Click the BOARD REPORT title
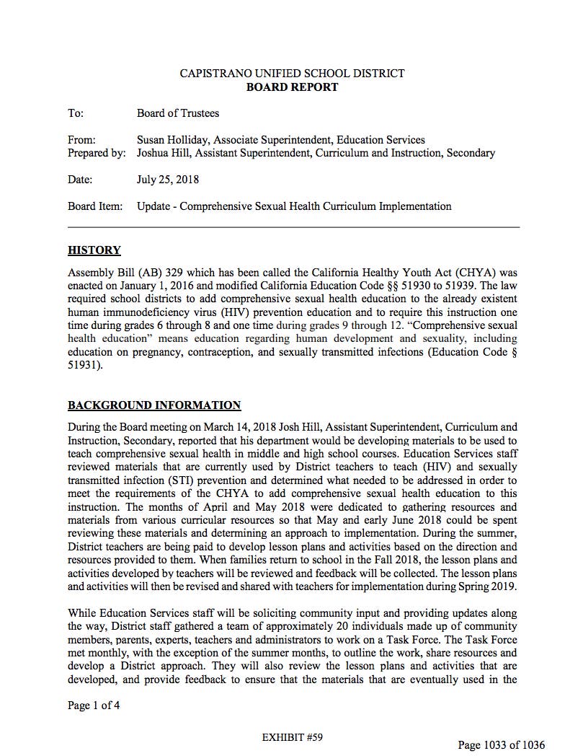(292, 87)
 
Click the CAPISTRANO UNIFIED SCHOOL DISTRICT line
(292, 74)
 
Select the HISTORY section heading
(94, 250)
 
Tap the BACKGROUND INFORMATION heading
(154, 405)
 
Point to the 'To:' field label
(76, 113)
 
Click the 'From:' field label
(81, 140)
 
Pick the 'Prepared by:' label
(97, 153)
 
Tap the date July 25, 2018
(168, 180)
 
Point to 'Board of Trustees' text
(178, 113)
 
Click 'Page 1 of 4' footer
(94, 706)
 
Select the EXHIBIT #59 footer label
(293, 737)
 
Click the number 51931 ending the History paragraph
(83, 365)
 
